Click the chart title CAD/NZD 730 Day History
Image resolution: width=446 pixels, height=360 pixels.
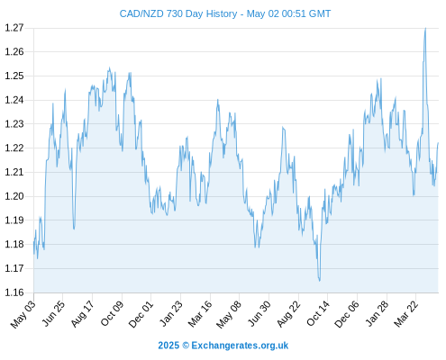click(x=178, y=13)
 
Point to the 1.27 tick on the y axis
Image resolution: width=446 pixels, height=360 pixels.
click(x=14, y=28)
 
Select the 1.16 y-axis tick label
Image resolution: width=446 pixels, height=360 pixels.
click(x=14, y=292)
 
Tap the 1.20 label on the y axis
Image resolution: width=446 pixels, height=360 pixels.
click(x=14, y=196)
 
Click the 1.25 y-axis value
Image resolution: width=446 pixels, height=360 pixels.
click(x=14, y=76)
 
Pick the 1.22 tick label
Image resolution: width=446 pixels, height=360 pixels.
click(x=14, y=148)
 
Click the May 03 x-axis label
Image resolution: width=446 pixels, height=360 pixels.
click(x=23, y=314)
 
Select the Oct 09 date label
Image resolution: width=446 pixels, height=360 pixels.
click(x=112, y=313)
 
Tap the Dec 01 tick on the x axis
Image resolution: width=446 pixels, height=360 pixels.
click(x=141, y=314)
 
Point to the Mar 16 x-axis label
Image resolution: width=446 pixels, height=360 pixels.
click(x=200, y=314)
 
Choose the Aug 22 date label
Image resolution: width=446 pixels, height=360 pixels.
click(x=288, y=314)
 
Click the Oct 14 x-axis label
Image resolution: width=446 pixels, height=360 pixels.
click(x=318, y=313)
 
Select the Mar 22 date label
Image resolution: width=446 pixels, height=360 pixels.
click(x=406, y=314)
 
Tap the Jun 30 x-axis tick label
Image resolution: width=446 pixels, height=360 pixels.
click(x=259, y=314)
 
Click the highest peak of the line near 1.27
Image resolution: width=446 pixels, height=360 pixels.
click(x=425, y=28)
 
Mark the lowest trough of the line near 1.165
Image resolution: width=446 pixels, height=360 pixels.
click(x=319, y=281)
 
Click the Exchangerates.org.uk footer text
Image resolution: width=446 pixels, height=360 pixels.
click(x=240, y=346)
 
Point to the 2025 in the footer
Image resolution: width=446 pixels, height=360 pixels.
click(x=168, y=346)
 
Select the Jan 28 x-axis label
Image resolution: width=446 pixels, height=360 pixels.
click(x=377, y=314)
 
